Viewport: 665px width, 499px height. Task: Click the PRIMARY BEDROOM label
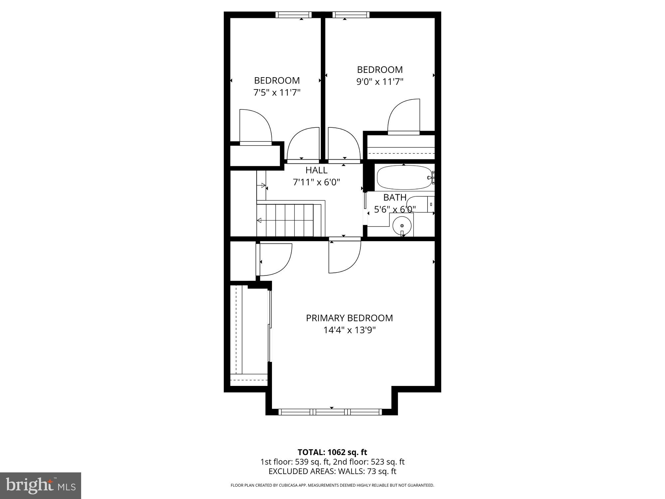[349, 318]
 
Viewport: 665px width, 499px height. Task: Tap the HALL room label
[316, 170]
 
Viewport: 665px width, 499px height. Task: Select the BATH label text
[395, 198]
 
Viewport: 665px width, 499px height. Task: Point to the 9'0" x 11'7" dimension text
[380, 82]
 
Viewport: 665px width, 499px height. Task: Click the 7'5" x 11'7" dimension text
[277, 92]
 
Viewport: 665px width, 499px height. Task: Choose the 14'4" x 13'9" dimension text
[349, 330]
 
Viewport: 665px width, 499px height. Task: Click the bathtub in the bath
[404, 178]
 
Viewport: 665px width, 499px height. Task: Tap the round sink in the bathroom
[402, 225]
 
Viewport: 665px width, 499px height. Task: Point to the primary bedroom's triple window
[330, 412]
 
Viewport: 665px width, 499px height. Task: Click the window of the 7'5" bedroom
[294, 15]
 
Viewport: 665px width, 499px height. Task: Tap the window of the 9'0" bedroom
[351, 15]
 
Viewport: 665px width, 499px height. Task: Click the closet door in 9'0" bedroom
[403, 117]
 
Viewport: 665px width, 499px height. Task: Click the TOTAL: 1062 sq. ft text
[332, 452]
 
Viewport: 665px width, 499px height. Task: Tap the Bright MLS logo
[41, 485]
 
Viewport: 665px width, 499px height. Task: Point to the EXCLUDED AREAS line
[332, 471]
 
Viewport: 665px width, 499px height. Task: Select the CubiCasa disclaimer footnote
[332, 485]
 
